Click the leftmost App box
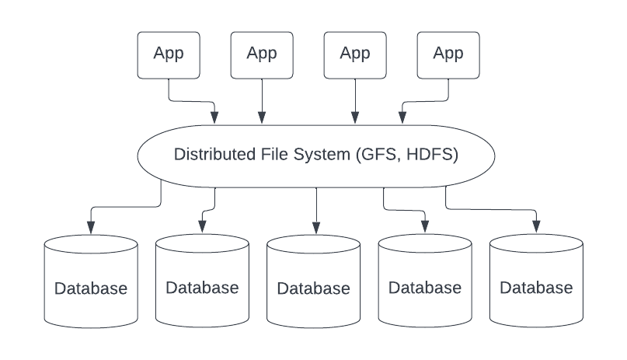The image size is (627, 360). tap(168, 54)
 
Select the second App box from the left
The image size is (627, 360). tap(262, 54)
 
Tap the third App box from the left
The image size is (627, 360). tap(355, 54)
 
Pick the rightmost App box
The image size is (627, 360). tap(448, 54)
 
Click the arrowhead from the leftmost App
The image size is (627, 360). tap(214, 118)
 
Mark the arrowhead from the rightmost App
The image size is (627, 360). tap(402, 118)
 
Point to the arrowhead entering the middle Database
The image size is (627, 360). tap(315, 227)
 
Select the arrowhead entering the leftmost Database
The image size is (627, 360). tap(91, 226)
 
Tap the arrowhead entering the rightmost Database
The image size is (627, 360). tap(536, 226)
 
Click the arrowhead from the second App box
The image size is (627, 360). tap(262, 118)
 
